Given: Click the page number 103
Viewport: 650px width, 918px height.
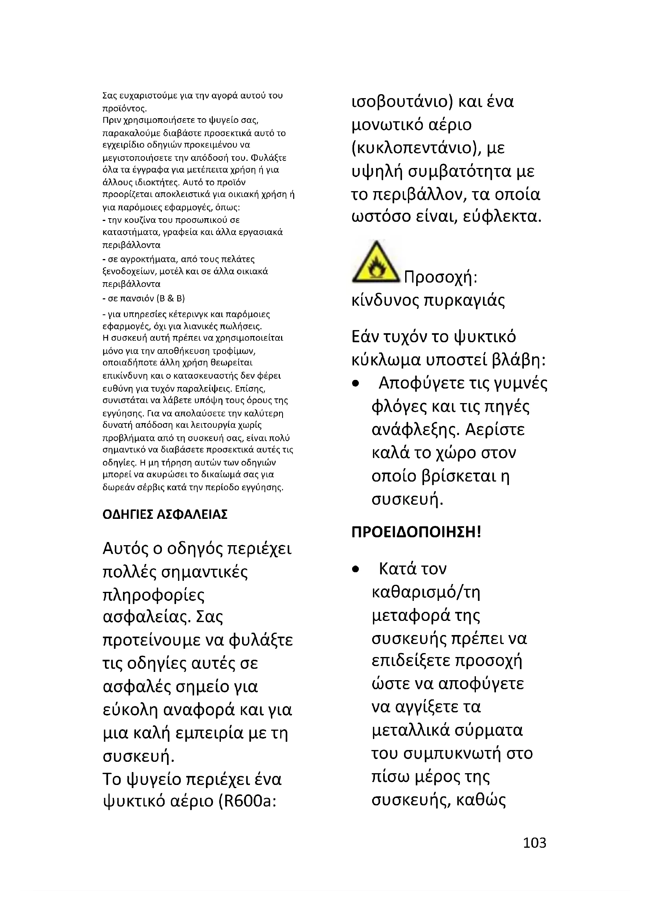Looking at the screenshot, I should pyautogui.click(x=534, y=842).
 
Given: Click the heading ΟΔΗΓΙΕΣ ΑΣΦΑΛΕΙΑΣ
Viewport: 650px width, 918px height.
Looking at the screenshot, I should pyautogui.click(x=165, y=514).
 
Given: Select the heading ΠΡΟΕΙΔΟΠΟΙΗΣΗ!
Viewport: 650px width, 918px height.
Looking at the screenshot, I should pyautogui.click(x=416, y=532).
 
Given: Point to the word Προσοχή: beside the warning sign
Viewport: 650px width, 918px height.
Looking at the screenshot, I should pyautogui.click(x=441, y=277).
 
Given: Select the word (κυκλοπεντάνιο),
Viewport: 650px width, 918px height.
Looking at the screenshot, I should pyautogui.click(x=417, y=148).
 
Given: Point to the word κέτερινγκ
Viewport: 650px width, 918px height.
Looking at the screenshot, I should pyautogui.click(x=187, y=314).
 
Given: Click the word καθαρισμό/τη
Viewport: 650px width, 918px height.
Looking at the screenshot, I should pyautogui.click(x=426, y=592).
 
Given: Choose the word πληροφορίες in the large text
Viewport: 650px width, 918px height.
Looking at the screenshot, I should pyautogui.click(x=154, y=595).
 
